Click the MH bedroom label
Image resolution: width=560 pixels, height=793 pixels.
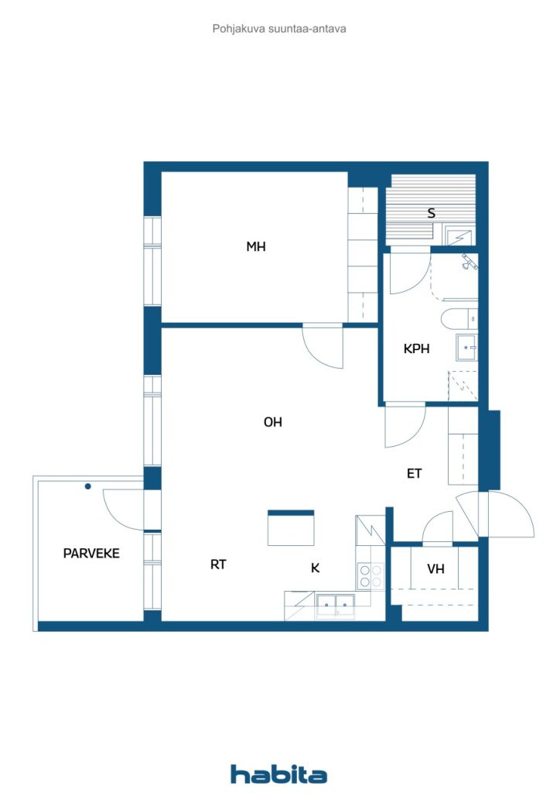[255, 247]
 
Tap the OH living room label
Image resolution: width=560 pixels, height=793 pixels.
[273, 422]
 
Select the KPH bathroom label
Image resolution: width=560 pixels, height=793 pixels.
[417, 348]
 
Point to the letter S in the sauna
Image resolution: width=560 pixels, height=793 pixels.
[432, 213]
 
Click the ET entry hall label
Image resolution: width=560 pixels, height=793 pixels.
[414, 473]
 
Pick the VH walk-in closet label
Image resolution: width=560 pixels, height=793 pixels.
[435, 569]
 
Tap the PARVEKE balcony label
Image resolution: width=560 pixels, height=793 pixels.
[91, 553]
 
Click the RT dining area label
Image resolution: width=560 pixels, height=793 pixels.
[218, 565]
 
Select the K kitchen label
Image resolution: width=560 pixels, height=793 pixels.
[315, 568]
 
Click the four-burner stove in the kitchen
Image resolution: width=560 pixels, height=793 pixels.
[370, 576]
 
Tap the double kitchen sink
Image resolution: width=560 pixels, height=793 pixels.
[335, 605]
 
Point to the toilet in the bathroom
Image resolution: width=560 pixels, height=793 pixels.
[459, 319]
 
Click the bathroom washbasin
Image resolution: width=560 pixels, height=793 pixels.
[467, 348]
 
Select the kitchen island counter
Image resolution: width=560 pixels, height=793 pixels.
[291, 528]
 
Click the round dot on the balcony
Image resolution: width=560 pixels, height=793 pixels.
[88, 486]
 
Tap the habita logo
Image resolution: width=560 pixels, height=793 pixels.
[278, 774]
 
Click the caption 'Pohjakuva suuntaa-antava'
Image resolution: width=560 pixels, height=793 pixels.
[279, 29]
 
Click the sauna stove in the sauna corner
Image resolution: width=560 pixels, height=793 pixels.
[459, 238]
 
